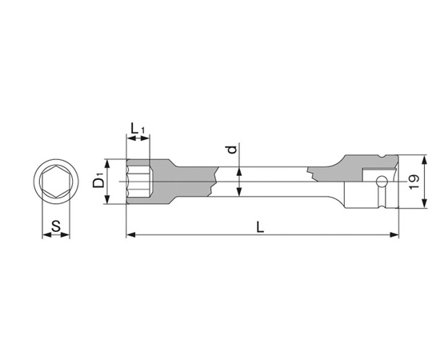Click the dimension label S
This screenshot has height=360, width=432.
(x=56, y=226)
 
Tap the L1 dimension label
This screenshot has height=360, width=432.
(x=138, y=128)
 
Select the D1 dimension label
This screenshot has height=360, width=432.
(x=98, y=181)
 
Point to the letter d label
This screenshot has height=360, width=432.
(x=233, y=150)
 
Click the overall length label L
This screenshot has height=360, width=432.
(x=260, y=227)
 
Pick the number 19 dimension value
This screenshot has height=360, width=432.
(x=414, y=182)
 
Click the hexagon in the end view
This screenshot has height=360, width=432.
(x=56, y=182)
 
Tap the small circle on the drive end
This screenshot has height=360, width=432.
(x=382, y=181)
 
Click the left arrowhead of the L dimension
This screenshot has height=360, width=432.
(x=131, y=235)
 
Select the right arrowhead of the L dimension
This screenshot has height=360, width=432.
(x=394, y=235)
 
